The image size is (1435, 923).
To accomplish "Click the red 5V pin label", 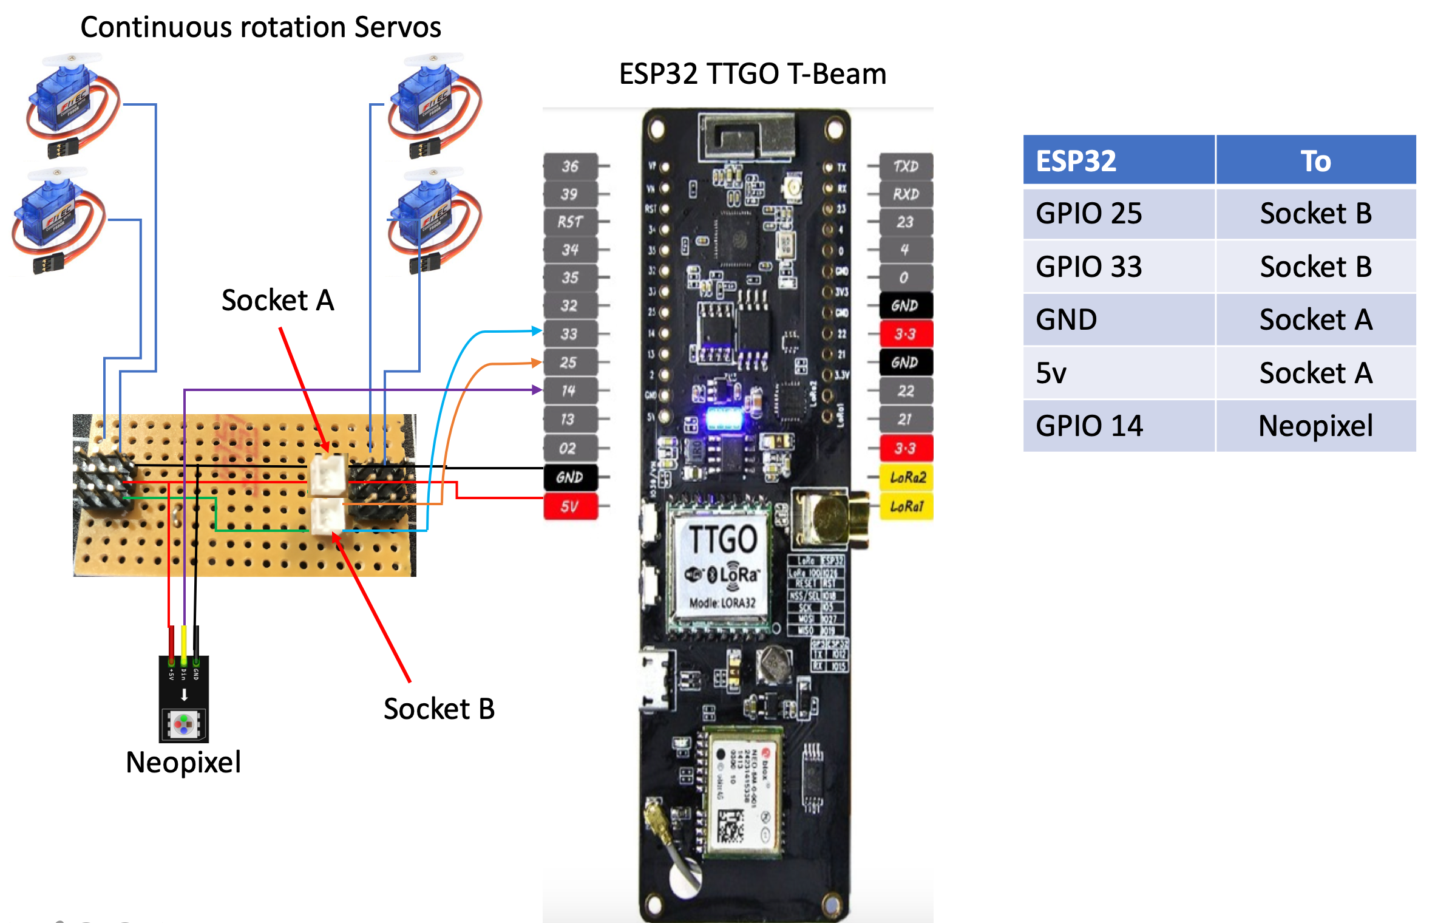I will pos(570,506).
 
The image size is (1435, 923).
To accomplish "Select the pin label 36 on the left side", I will pos(570,166).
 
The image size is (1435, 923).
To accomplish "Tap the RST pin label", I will pos(570,222).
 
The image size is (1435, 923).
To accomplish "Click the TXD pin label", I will pos(905,166).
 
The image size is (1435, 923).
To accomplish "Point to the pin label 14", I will pos(569,390).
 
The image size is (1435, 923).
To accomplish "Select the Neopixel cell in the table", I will pos(1315,426).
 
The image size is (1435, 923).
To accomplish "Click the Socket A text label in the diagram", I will pos(277,300).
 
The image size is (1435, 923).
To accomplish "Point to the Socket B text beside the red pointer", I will pos(439,709).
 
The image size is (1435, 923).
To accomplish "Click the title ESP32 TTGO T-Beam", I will pos(752,74).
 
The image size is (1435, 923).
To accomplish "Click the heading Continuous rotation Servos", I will pos(260,27).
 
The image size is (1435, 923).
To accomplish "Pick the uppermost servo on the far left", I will pos(70,103).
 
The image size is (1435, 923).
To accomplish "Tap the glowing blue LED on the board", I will pos(722,418).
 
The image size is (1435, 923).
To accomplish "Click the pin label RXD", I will pos(905,194).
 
